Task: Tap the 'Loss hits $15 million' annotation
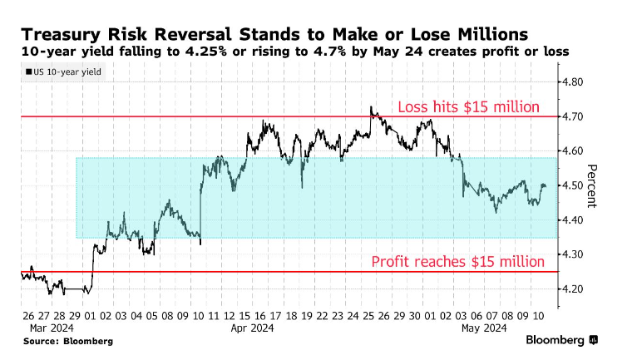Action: [469, 106]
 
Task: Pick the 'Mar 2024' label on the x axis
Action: [42, 328]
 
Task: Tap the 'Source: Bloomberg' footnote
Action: [68, 341]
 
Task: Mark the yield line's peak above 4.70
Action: [370, 107]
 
